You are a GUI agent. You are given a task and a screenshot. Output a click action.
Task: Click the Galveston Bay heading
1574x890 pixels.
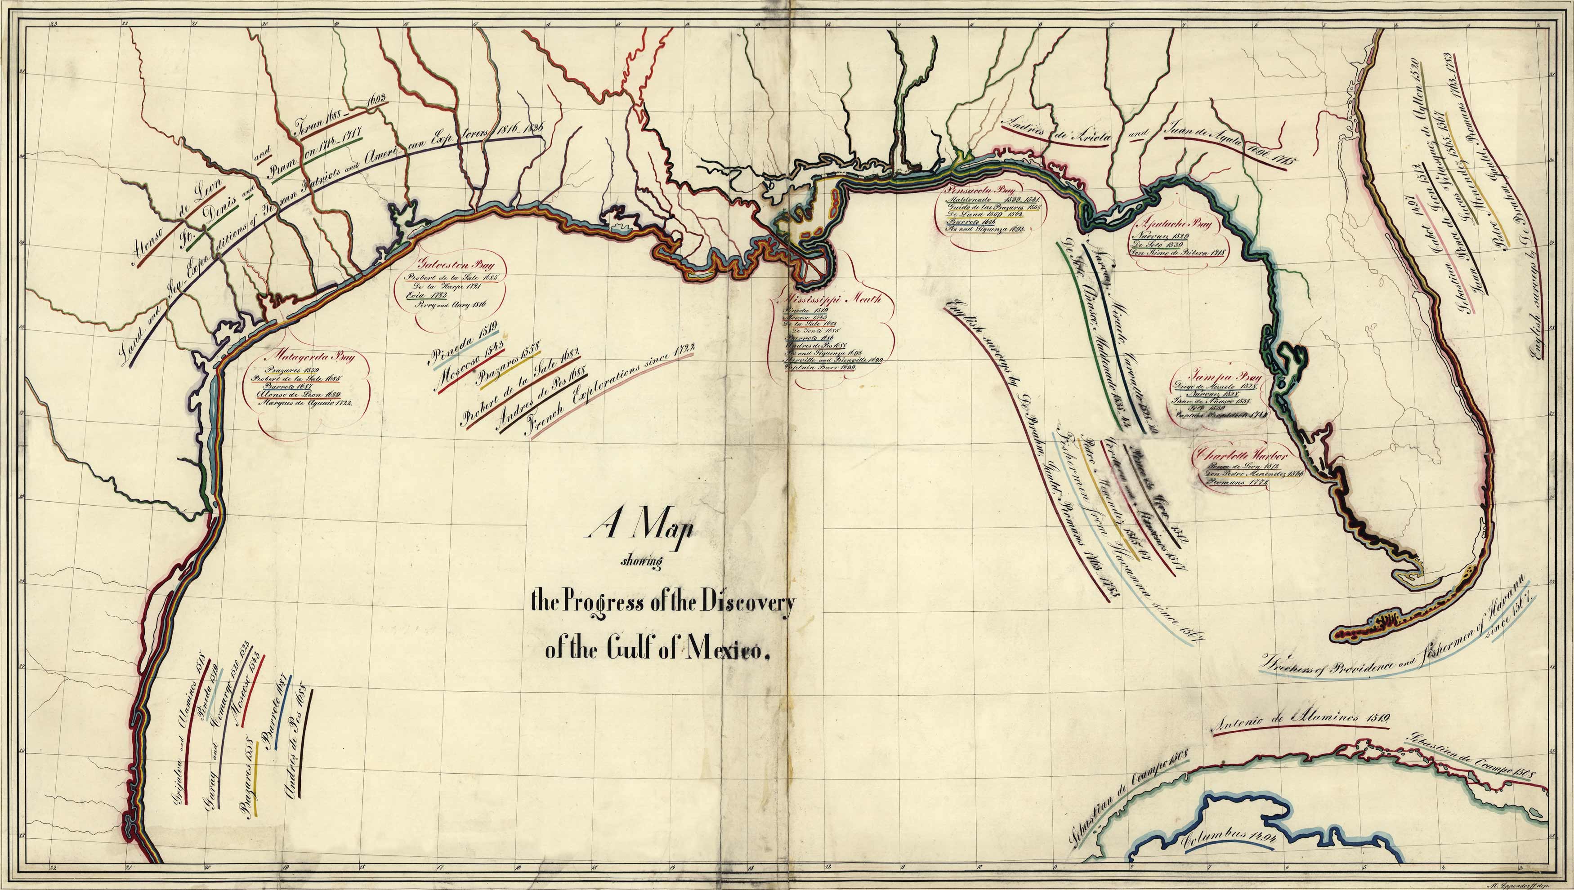pos(448,265)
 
